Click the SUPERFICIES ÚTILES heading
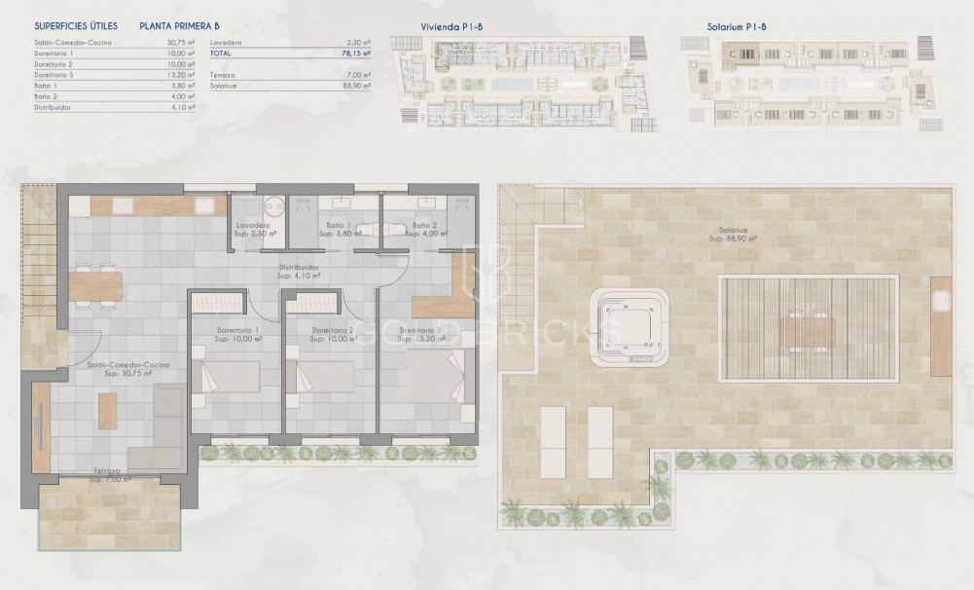75,27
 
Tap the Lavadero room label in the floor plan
254,230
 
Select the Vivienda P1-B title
450,27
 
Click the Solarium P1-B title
737,27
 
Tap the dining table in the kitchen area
96,286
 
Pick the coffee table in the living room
107,410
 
